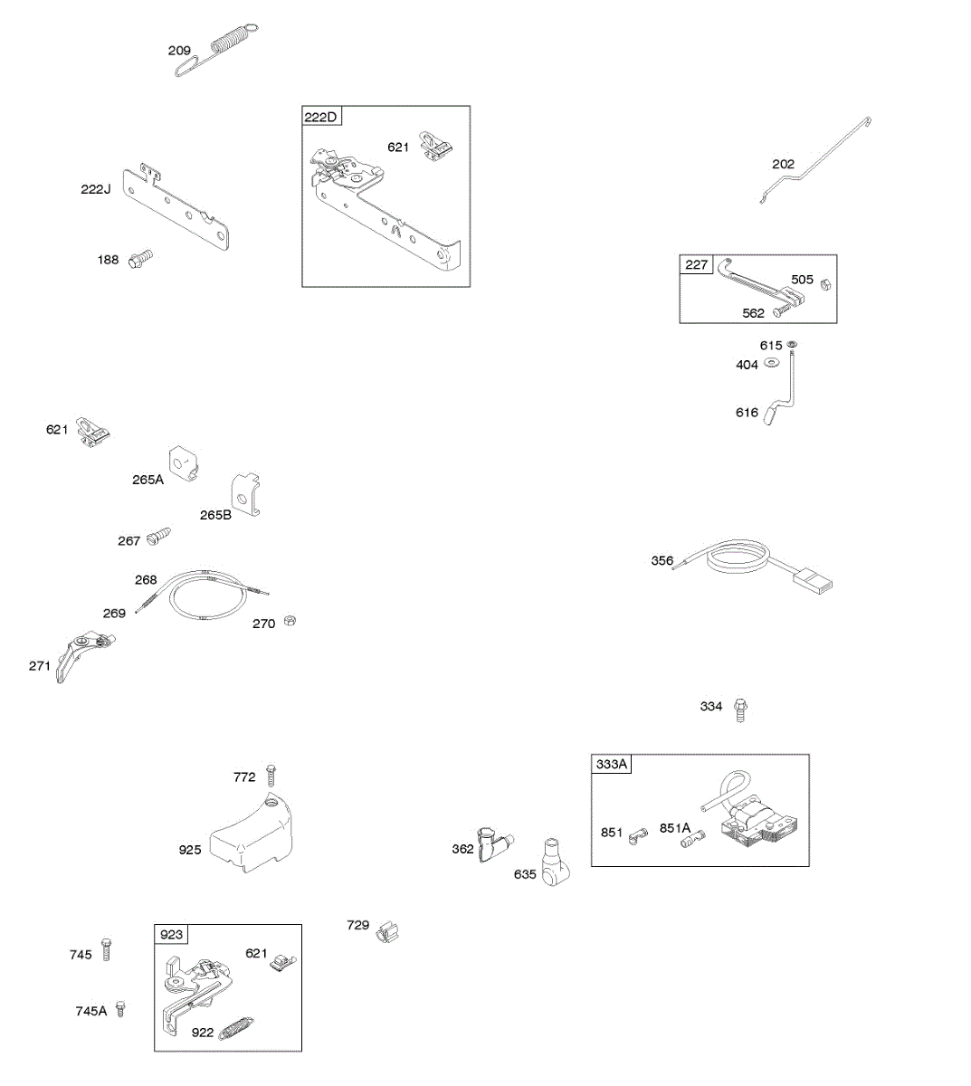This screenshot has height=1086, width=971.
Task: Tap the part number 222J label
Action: click(x=95, y=189)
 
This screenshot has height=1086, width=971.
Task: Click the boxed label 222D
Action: click(x=321, y=117)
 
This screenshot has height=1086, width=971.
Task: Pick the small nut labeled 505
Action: click(x=825, y=285)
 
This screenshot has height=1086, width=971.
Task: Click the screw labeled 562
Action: click(x=777, y=313)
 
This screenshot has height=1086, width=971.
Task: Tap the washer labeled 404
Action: click(x=772, y=363)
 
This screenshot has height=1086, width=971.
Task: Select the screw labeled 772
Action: click(x=271, y=775)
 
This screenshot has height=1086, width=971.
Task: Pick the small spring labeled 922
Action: click(x=234, y=1030)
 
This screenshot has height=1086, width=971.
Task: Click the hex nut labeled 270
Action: click(x=290, y=621)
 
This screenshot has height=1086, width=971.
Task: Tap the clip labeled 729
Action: click(x=386, y=930)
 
